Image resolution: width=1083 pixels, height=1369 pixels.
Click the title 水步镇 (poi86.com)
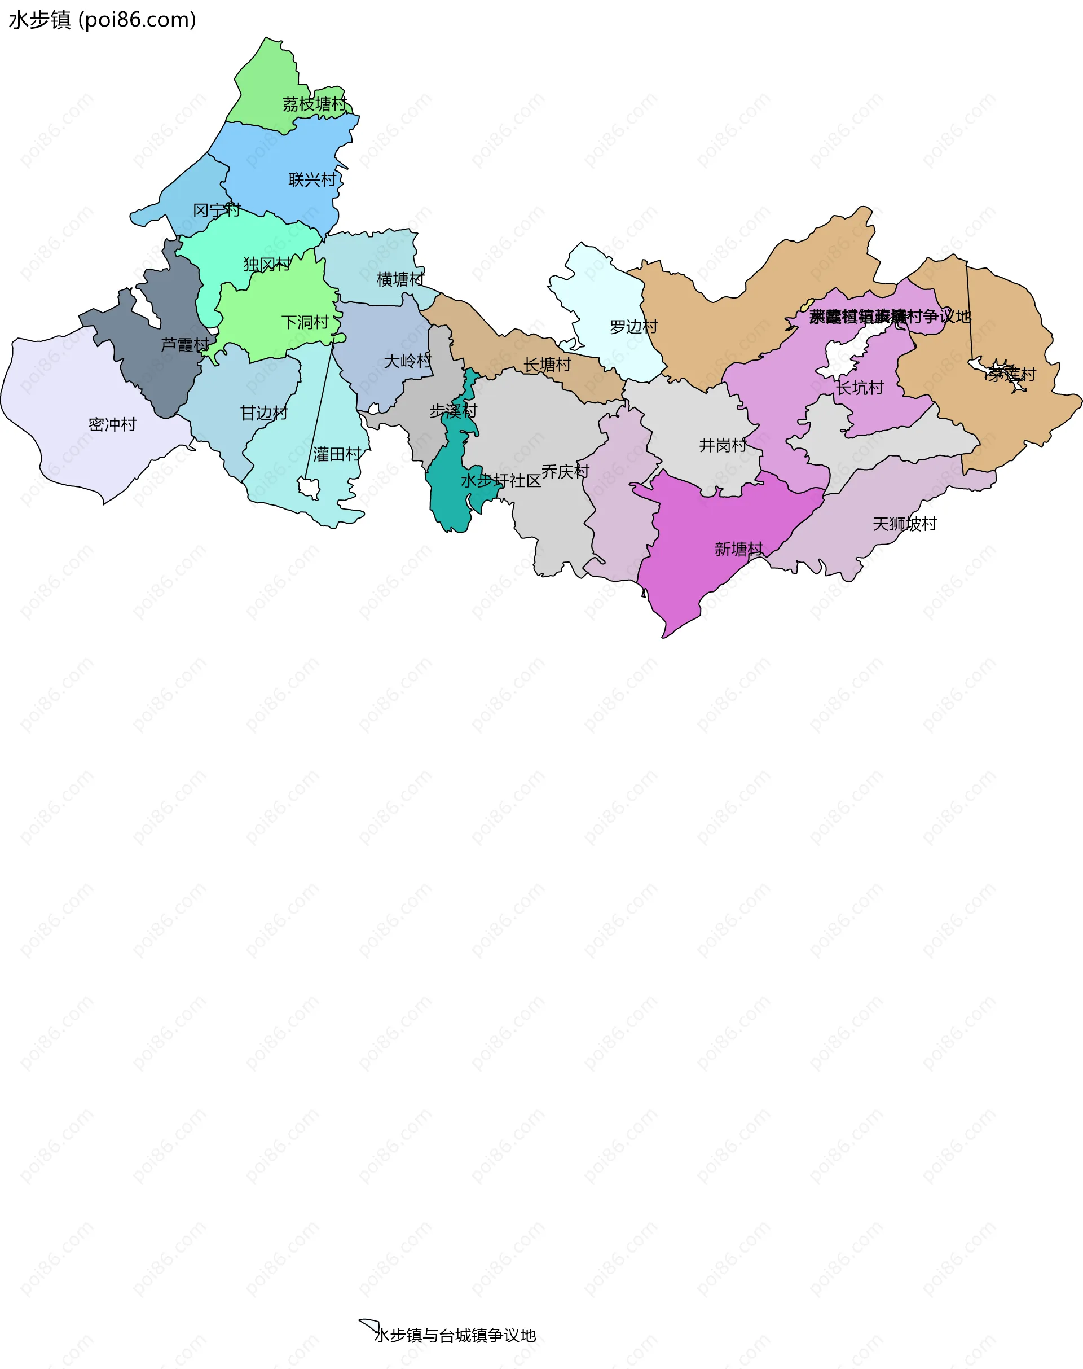click(x=102, y=20)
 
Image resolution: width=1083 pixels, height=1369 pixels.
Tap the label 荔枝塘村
click(x=315, y=104)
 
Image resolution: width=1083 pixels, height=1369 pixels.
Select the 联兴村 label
click(x=312, y=180)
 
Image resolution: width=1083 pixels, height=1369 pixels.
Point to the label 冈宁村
click(x=216, y=210)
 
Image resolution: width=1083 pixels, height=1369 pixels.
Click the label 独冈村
click(x=267, y=264)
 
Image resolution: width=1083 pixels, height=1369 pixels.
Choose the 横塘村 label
click(x=400, y=279)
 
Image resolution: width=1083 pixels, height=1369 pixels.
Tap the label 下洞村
click(x=305, y=322)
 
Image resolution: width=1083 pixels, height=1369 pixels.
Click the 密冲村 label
click(x=112, y=424)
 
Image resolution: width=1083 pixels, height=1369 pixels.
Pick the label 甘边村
click(x=264, y=413)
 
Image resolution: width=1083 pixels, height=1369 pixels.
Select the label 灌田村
click(x=337, y=454)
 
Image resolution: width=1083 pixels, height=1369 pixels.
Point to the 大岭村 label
click(x=408, y=361)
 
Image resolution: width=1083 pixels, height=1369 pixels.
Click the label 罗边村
click(x=633, y=327)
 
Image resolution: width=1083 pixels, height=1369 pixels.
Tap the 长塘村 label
click(x=547, y=365)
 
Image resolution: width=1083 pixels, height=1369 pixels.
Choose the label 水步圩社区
click(x=500, y=481)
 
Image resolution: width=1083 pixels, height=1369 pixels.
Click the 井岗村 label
click(x=723, y=445)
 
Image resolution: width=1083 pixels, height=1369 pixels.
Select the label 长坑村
click(x=859, y=388)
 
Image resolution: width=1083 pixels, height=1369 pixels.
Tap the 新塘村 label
click(x=739, y=549)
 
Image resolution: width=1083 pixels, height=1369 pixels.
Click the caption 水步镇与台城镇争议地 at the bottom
click(x=455, y=1335)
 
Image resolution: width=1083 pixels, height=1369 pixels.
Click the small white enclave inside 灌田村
click(x=309, y=488)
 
